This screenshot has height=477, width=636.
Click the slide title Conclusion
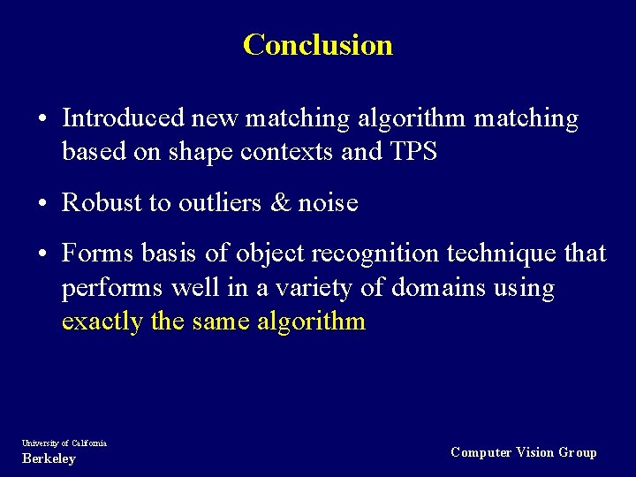(317, 44)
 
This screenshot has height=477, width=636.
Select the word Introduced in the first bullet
(123, 118)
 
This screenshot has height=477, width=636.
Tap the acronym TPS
(413, 152)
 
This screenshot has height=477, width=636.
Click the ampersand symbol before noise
(281, 203)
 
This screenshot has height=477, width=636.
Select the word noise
(328, 203)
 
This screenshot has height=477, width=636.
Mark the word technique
(503, 254)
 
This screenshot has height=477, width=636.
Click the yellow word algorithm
(311, 321)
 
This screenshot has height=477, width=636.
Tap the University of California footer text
(64, 443)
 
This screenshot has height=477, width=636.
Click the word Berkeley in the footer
(49, 458)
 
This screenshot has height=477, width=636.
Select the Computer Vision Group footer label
(523, 452)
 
